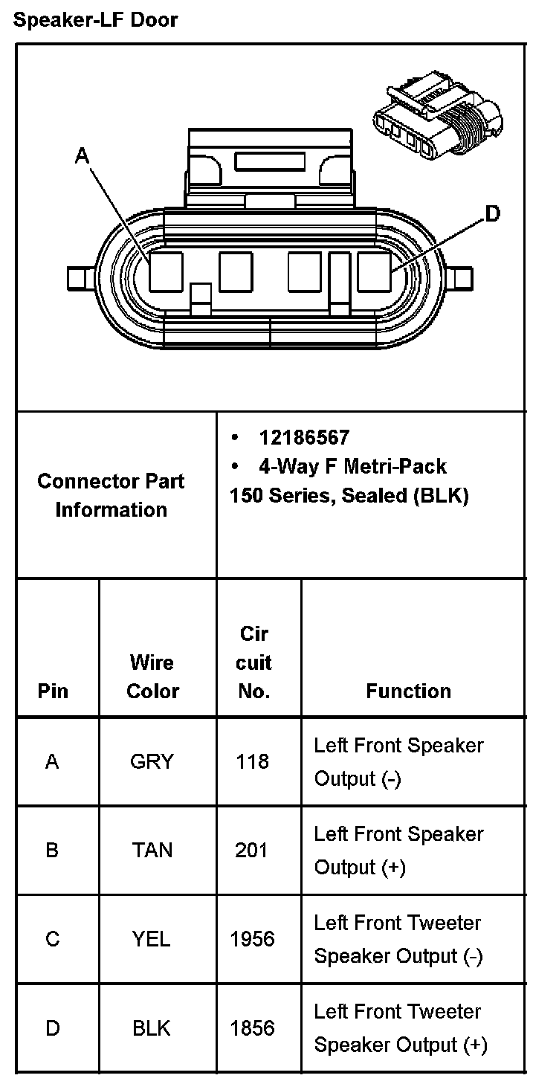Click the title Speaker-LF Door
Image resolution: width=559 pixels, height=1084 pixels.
96,20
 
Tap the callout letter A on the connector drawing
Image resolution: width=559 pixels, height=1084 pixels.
82,155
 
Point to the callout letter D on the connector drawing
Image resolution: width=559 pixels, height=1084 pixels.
492,215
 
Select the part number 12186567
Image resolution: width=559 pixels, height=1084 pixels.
303,437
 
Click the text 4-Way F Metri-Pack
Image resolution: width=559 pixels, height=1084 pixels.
352,466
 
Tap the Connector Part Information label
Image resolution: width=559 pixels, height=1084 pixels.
111,495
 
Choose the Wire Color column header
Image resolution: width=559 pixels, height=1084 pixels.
152,677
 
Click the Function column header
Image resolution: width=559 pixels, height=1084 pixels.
408,691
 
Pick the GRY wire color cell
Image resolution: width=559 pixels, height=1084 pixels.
152,761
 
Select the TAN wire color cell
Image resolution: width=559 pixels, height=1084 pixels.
152,850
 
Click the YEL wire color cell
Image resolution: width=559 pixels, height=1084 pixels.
152,939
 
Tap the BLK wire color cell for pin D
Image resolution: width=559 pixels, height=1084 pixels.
152,1028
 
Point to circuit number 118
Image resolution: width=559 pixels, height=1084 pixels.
252,761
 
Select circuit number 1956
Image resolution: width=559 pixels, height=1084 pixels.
252,939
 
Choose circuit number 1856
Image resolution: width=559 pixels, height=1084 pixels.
252,1028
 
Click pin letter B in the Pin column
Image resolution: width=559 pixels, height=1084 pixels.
52,850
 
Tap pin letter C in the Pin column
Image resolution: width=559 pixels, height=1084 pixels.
52,939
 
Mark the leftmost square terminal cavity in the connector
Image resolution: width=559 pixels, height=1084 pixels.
166,271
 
